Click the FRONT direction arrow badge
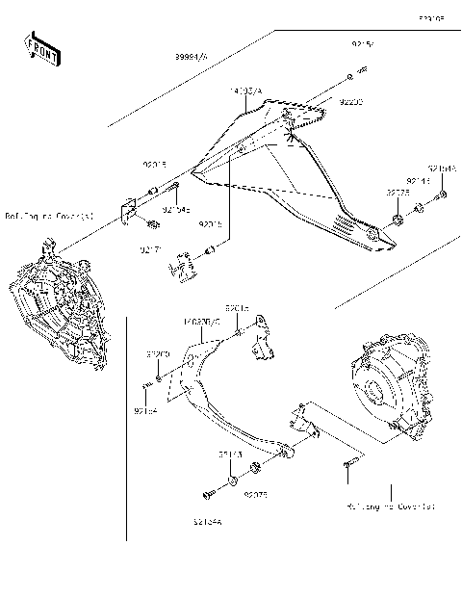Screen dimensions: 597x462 click(37, 48)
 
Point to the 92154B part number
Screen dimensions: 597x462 click(443, 169)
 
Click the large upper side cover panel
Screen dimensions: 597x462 click(289, 183)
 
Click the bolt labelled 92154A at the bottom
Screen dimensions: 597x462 click(206, 495)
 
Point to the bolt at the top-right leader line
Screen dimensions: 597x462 click(361, 71)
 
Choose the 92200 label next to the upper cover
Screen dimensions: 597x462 click(352, 99)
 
